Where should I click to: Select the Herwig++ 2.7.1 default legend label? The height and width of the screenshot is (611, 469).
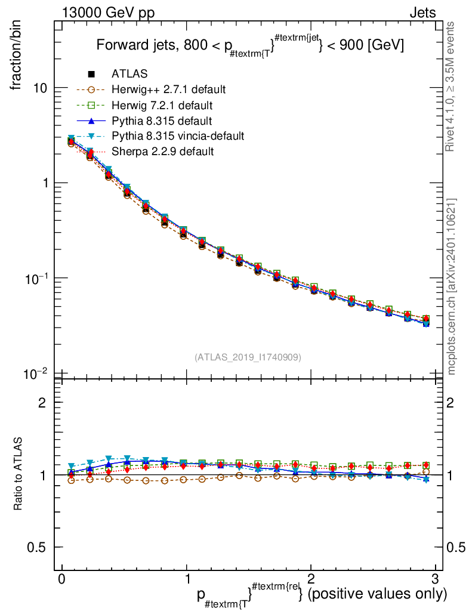coord(168,90)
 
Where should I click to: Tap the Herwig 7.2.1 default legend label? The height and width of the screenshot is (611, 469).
coord(162,105)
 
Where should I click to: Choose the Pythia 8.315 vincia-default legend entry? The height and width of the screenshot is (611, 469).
coord(178,136)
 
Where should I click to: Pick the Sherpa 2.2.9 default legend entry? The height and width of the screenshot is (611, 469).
coord(162,152)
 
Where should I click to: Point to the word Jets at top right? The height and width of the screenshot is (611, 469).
coord(422,13)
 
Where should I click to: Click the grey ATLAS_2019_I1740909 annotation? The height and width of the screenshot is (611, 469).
coord(248,357)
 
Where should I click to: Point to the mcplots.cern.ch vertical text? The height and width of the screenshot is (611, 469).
coord(452,286)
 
